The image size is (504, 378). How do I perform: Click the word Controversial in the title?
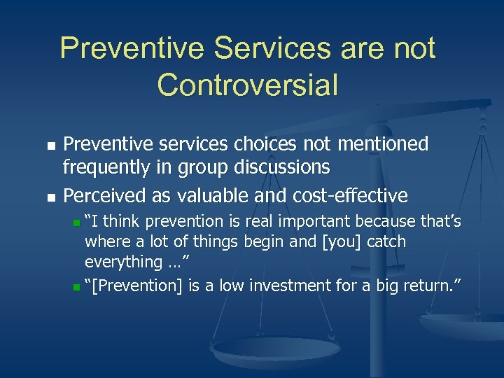tap(248, 85)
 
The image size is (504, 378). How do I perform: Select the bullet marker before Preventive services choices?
tap(50, 146)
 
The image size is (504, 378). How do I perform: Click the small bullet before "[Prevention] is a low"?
tap(76, 286)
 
